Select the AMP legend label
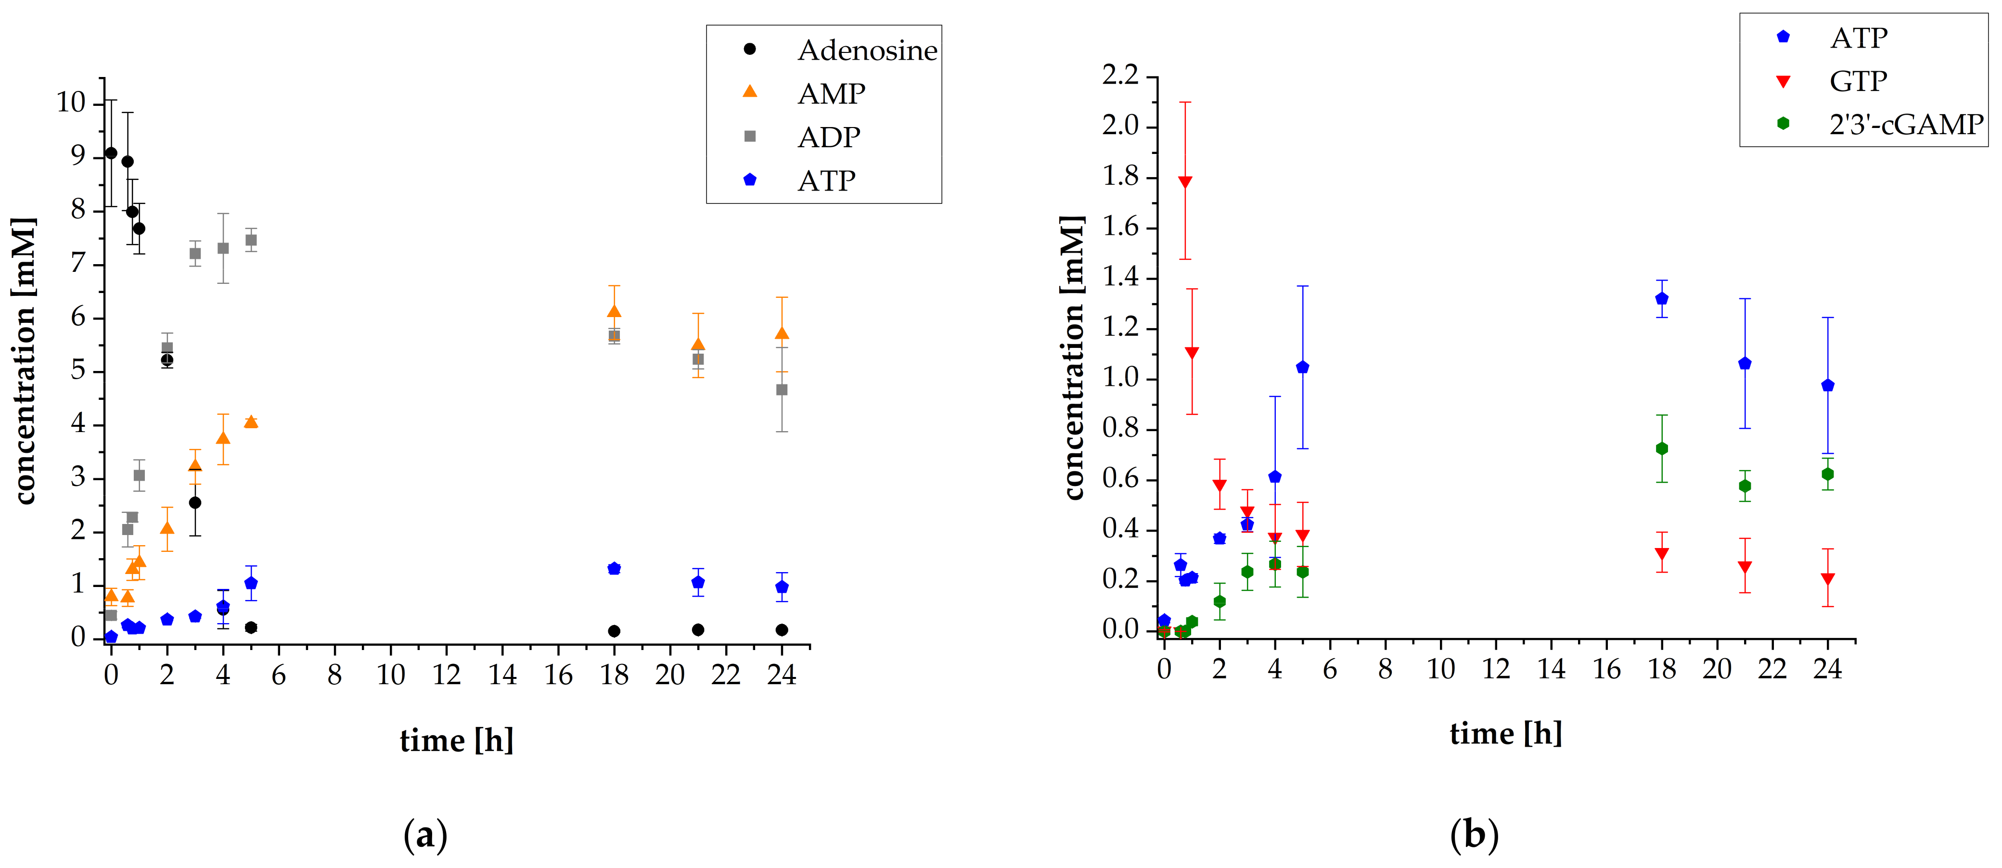831,94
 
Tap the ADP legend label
828,138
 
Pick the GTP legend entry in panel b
1858,81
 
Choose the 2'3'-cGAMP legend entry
1906,124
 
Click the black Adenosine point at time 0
111,153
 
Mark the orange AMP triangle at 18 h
614,312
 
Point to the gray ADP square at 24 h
782,390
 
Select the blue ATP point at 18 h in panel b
1662,298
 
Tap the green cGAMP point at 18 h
1662,448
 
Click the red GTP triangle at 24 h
1828,579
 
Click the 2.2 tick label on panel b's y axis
1119,76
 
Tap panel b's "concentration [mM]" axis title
1073,357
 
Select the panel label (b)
1474,835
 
